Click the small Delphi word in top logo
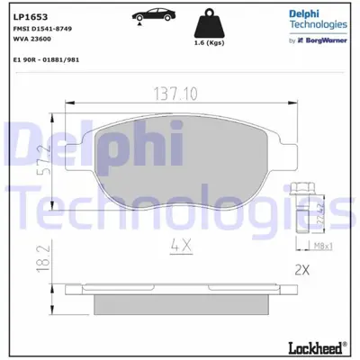pyautogui.click(x=305, y=13)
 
